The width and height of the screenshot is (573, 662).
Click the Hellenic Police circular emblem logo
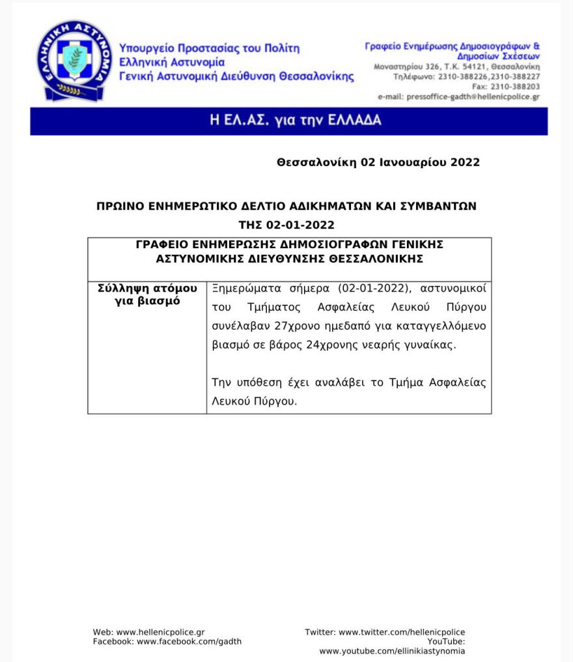70,60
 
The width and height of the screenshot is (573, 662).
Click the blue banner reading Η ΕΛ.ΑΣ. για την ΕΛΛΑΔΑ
288,121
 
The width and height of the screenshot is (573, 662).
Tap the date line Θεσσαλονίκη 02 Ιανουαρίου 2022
378,162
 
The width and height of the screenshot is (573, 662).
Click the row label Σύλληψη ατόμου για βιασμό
147,295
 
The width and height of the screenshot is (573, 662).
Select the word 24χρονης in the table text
329,345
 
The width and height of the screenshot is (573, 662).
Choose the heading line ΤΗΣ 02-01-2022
286,225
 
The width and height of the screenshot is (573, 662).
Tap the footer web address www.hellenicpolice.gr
160,632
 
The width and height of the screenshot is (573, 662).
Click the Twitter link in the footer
402,632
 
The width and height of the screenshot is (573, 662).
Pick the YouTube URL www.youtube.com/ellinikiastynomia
392,651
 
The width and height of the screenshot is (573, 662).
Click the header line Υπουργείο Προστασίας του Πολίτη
209,48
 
